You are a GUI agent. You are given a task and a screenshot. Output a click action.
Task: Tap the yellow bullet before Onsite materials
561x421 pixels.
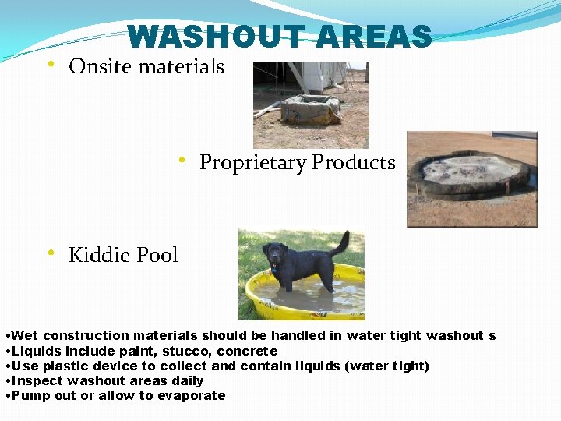click(51, 64)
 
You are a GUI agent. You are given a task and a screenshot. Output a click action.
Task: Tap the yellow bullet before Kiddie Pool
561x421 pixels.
click(51, 253)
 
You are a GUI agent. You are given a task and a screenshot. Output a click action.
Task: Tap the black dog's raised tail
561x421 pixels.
click(342, 242)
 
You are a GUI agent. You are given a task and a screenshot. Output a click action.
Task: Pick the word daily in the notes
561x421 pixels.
click(187, 380)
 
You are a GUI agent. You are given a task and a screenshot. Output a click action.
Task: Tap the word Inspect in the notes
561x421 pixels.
click(38, 380)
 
